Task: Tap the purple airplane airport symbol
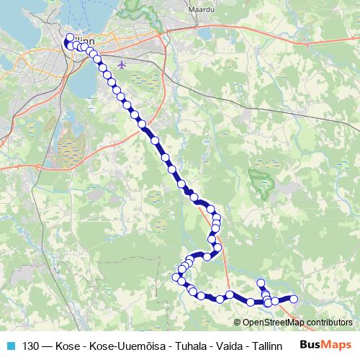(x=121, y=63)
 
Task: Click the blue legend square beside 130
(x=11, y=345)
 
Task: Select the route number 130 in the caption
(x=31, y=345)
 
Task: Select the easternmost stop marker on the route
(x=293, y=299)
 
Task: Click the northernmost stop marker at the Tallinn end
(x=70, y=38)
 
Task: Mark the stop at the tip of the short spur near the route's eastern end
(x=261, y=283)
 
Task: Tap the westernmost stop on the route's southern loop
(x=177, y=276)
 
